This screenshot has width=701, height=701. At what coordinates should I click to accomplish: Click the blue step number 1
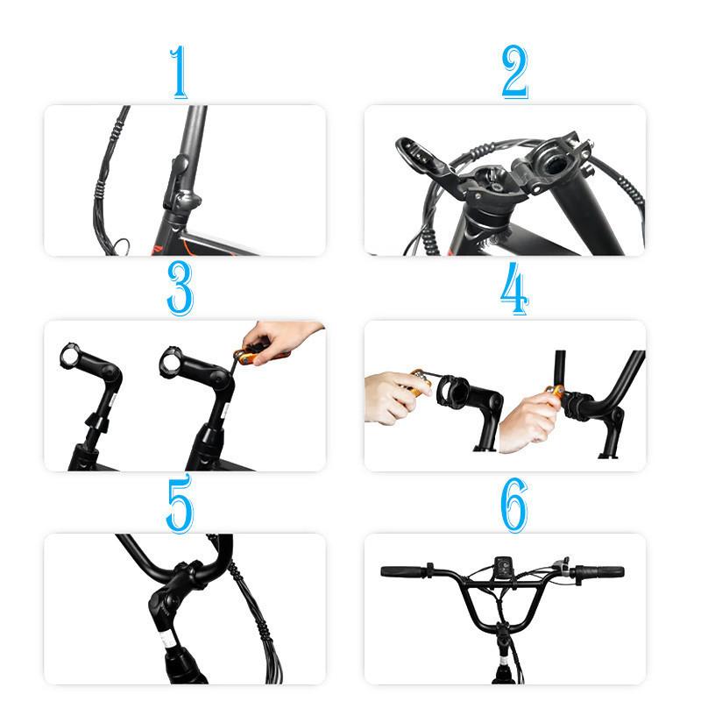pos(180,72)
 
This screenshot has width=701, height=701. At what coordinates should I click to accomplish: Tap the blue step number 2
pos(514,72)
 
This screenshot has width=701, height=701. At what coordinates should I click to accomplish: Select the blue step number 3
pos(180,288)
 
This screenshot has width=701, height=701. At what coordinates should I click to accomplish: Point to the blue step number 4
pos(514,288)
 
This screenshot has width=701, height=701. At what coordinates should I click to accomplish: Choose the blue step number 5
pos(180,503)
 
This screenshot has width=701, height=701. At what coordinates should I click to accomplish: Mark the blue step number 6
pos(514,505)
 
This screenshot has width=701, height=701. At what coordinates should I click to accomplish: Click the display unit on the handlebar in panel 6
pos(503,567)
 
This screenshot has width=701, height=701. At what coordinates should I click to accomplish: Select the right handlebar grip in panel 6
pos(602,571)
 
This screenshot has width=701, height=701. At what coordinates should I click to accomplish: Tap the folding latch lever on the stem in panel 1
pos(175,181)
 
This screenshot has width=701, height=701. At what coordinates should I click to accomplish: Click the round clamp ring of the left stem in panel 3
pos(70,357)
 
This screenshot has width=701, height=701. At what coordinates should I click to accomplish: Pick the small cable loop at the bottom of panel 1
pos(121,246)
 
